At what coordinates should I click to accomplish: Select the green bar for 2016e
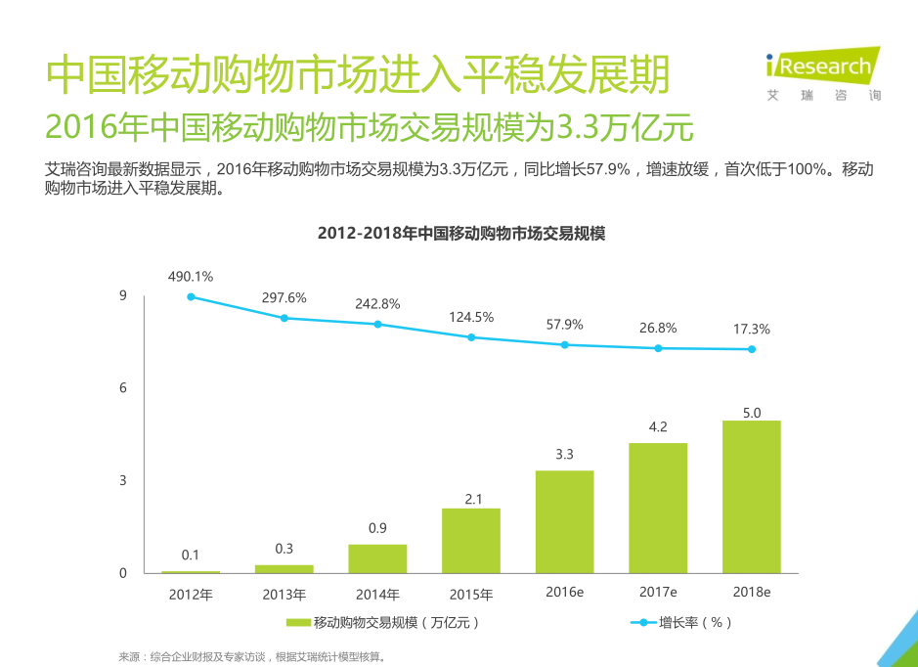pyautogui.click(x=564, y=522)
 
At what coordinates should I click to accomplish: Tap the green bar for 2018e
pyautogui.click(x=751, y=497)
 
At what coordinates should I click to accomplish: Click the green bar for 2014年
pyautogui.click(x=377, y=558)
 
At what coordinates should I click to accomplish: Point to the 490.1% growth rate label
pyautogui.click(x=190, y=277)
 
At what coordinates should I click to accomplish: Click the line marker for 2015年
pyautogui.click(x=471, y=337)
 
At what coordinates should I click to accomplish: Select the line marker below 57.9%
pyautogui.click(x=564, y=344)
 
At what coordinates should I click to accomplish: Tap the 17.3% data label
pyautogui.click(x=751, y=329)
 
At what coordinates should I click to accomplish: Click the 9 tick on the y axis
pyautogui.click(x=123, y=295)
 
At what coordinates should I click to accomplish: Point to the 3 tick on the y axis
pyautogui.click(x=123, y=480)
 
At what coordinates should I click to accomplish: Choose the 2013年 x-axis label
pyautogui.click(x=284, y=594)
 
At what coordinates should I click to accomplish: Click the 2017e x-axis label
pyautogui.click(x=658, y=593)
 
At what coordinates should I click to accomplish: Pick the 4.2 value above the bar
pyautogui.click(x=658, y=426)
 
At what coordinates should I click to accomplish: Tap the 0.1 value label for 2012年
pyautogui.click(x=190, y=555)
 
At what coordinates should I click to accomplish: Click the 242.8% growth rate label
pyautogui.click(x=377, y=303)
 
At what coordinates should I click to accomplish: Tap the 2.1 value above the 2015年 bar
pyautogui.click(x=471, y=499)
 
